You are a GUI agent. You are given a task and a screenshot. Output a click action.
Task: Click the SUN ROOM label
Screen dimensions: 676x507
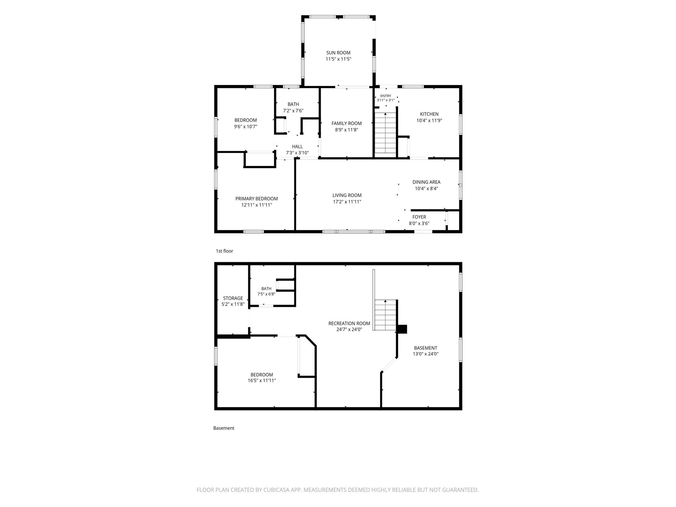point(338,53)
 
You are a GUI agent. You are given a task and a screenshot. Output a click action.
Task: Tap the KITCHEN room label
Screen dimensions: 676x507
point(429,114)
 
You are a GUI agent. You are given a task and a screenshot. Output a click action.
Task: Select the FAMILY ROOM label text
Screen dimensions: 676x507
point(347,123)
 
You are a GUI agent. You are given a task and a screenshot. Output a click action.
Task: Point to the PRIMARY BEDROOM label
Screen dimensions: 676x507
point(256,199)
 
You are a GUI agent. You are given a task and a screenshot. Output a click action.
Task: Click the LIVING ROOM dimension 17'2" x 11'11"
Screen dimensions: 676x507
point(347,202)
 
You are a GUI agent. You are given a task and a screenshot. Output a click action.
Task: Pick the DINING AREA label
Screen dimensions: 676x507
point(426,182)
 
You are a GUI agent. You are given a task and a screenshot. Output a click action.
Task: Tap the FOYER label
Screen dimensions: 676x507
point(419,217)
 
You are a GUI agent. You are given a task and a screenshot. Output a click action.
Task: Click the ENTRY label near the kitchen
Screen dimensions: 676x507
point(386,96)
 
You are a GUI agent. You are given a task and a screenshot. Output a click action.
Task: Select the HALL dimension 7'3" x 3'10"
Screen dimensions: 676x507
point(297,153)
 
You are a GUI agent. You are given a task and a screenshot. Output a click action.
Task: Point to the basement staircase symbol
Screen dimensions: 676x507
point(385,315)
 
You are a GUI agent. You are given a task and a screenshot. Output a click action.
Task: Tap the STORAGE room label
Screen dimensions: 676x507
point(233,298)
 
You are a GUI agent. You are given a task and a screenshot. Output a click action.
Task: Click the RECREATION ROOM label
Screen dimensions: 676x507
point(349,323)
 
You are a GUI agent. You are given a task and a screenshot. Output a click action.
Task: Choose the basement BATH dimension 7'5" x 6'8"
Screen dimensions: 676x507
point(266,294)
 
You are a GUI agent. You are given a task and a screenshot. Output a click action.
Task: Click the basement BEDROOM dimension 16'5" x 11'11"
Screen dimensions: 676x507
point(262,381)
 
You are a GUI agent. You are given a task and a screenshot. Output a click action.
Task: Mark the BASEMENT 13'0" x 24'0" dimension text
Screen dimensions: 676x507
point(426,354)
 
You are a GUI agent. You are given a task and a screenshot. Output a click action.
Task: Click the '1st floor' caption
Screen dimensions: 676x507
point(224,251)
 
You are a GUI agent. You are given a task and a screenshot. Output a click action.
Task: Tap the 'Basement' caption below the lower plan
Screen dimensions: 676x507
point(224,428)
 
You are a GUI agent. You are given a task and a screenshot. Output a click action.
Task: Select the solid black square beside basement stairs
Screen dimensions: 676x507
point(402,329)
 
